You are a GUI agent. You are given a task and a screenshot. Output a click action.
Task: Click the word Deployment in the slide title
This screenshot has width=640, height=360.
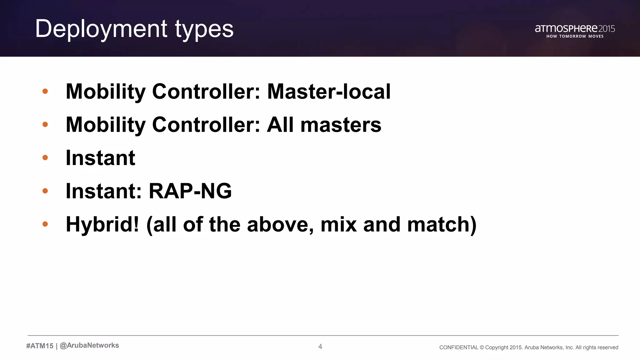[101, 29]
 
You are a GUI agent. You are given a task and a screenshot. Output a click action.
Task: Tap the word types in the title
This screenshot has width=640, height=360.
[204, 29]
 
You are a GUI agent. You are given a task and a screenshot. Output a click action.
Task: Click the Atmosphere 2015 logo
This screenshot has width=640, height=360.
[575, 29]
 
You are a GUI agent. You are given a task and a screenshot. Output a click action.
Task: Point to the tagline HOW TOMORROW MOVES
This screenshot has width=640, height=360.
[575, 36]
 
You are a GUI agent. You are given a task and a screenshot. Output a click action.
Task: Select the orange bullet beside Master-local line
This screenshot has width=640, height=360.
[45, 91]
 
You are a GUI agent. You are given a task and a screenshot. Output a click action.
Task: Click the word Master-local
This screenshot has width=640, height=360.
[329, 92]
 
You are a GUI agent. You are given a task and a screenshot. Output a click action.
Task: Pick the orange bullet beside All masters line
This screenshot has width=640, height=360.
[45, 124]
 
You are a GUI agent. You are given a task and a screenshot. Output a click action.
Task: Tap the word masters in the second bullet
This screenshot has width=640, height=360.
[341, 125]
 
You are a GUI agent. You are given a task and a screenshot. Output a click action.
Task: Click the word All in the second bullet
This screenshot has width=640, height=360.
[280, 125]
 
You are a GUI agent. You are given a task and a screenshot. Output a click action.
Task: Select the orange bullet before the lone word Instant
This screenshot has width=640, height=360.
[45, 157]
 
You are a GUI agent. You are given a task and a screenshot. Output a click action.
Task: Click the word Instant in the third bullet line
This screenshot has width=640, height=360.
[100, 158]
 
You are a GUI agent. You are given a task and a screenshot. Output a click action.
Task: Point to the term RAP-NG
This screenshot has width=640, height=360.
[190, 191]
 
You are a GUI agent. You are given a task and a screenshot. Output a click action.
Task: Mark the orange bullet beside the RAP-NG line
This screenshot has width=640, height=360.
[45, 191]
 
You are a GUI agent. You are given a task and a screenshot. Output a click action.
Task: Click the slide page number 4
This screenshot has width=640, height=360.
[320, 346]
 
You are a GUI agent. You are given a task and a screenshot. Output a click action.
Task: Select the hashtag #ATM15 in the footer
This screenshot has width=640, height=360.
[40, 346]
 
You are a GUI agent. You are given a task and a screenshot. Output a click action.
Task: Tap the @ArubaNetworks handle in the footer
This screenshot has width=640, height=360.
[89, 345]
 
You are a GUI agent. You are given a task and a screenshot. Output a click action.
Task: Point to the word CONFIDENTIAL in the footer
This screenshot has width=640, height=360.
[458, 347]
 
